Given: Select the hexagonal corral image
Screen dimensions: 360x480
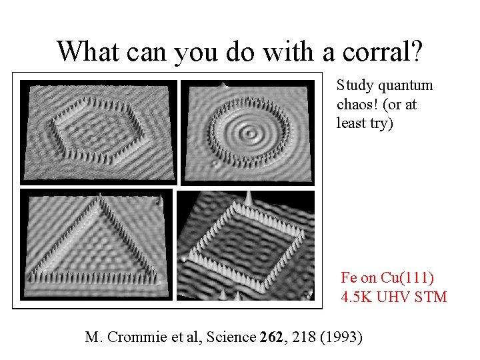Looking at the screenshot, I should (99, 131).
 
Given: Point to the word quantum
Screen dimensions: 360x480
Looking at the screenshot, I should (408, 85).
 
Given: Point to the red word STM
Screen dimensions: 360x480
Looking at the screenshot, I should (431, 297).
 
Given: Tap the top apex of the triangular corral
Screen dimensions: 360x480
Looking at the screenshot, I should (99, 195).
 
